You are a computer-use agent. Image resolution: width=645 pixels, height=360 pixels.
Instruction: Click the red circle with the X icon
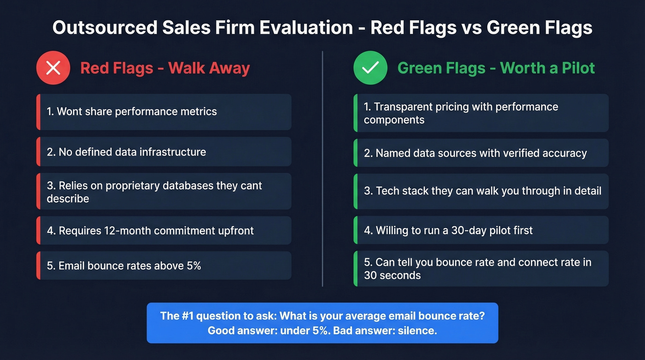(53, 68)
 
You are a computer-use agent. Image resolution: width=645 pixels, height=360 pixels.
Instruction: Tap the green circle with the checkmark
(370, 68)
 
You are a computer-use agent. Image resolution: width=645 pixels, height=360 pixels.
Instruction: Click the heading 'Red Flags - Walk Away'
(165, 68)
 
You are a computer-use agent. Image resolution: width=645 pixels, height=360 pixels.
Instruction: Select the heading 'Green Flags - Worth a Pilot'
(496, 68)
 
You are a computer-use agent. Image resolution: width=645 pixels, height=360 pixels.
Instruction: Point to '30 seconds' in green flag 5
(392, 276)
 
